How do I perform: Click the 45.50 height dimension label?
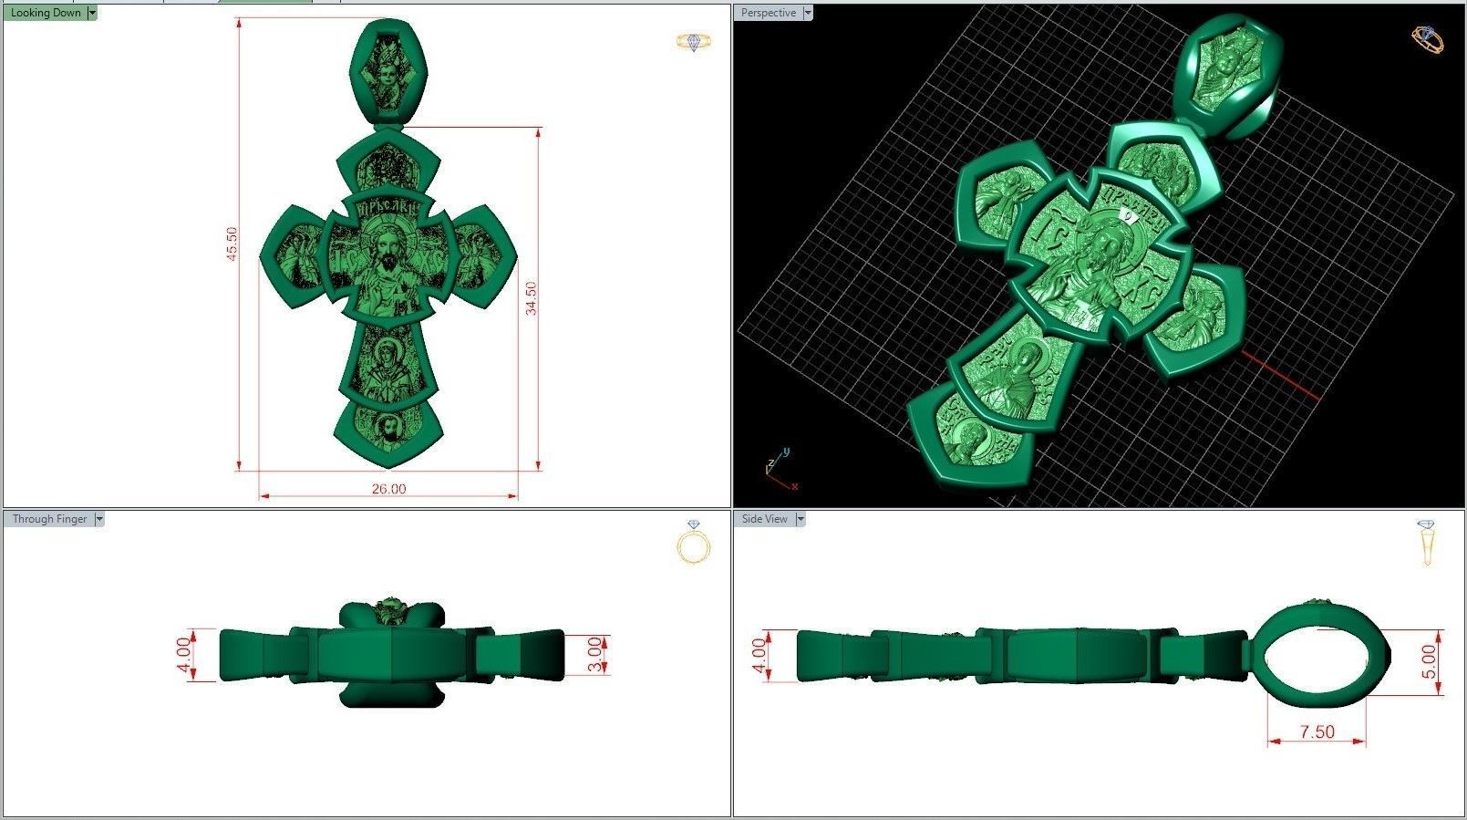pos(232,244)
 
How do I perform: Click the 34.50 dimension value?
pos(531,298)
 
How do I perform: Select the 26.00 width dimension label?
pos(388,489)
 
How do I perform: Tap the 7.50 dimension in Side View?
pos(1317,732)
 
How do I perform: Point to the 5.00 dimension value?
pos(1429,661)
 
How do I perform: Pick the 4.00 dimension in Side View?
pos(759,655)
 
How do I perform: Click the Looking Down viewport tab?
pos(45,13)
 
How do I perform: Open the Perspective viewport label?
pos(768,13)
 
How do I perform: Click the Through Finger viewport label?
pos(49,519)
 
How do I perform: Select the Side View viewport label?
pos(764,519)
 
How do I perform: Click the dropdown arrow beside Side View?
pos(801,519)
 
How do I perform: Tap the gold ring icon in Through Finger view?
pos(694,545)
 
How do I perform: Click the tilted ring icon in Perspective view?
pos(1427,38)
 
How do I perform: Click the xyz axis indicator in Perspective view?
pos(778,468)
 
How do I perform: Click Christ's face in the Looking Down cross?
pos(388,246)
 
